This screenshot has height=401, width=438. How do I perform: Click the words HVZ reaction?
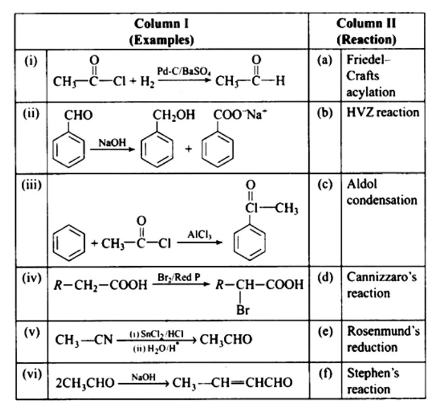click(383, 113)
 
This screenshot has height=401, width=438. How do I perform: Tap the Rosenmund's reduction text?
click(383, 339)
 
